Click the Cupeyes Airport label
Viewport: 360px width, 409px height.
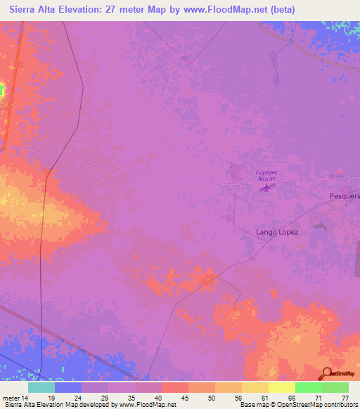click(x=266, y=175)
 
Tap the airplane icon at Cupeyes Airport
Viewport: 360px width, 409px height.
click(x=266, y=187)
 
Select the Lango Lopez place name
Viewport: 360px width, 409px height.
click(x=277, y=231)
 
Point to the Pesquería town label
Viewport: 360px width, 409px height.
click(x=344, y=197)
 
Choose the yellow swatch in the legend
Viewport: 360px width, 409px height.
click(x=255, y=387)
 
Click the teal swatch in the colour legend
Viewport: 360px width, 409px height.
click(x=41, y=387)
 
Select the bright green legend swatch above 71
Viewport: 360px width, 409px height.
click(x=309, y=387)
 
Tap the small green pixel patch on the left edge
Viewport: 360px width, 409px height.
click(x=2, y=89)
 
